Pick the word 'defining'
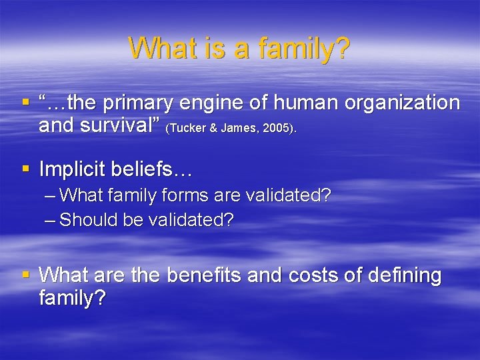tap(407, 275)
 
